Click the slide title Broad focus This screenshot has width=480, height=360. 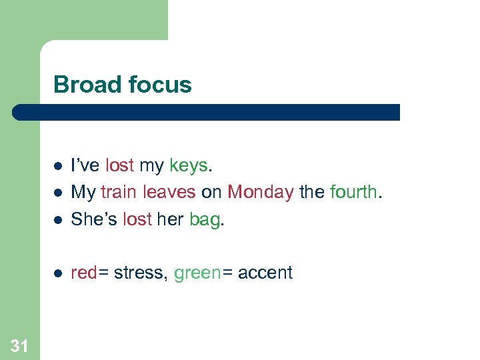122,85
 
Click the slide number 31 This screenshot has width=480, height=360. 19,345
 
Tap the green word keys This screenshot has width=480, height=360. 189,166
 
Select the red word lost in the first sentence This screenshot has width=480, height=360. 119,165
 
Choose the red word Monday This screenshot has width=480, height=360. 260,192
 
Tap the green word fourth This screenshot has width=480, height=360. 353,192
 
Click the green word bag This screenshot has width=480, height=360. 205,219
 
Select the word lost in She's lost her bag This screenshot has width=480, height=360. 138,219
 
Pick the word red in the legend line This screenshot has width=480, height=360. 83,273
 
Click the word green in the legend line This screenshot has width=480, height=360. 197,273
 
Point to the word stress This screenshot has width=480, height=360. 140,273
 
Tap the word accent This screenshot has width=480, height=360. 265,273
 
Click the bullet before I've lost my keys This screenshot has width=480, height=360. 58,166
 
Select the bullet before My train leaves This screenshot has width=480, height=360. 58,193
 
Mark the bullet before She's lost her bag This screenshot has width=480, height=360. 58,219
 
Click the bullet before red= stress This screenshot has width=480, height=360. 58,273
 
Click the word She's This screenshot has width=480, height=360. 94,219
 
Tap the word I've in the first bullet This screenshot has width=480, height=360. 85,165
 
